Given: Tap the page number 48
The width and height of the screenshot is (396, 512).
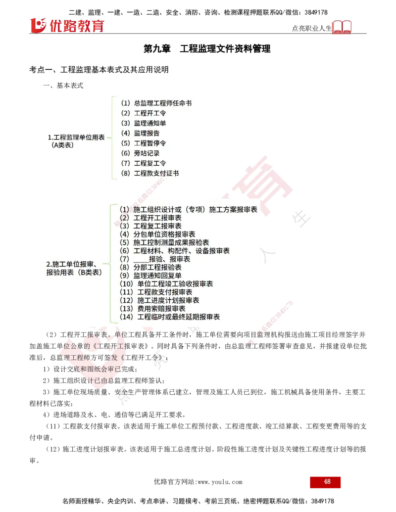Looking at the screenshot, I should point(327,482).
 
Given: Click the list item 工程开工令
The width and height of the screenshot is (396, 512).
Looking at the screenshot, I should point(150,113).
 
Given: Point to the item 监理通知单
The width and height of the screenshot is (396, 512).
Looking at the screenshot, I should point(150,123).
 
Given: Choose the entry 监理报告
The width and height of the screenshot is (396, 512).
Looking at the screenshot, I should point(147,133).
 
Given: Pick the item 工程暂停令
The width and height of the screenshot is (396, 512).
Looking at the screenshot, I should point(150,143).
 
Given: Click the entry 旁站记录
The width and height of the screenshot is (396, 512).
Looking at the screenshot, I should point(147,153).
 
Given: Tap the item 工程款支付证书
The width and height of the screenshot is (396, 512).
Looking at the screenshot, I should point(156,173).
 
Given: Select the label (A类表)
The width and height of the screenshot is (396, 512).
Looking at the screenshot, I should point(62,145).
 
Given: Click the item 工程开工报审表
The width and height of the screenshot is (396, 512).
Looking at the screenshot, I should point(157,218).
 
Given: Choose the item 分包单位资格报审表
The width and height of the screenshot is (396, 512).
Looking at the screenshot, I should point(164,234).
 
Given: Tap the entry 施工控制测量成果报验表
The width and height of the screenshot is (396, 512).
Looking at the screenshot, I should point(171,242).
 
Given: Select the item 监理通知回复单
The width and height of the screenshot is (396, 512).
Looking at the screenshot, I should point(157,276).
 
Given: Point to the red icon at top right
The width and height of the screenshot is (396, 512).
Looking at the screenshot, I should point(342,27).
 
